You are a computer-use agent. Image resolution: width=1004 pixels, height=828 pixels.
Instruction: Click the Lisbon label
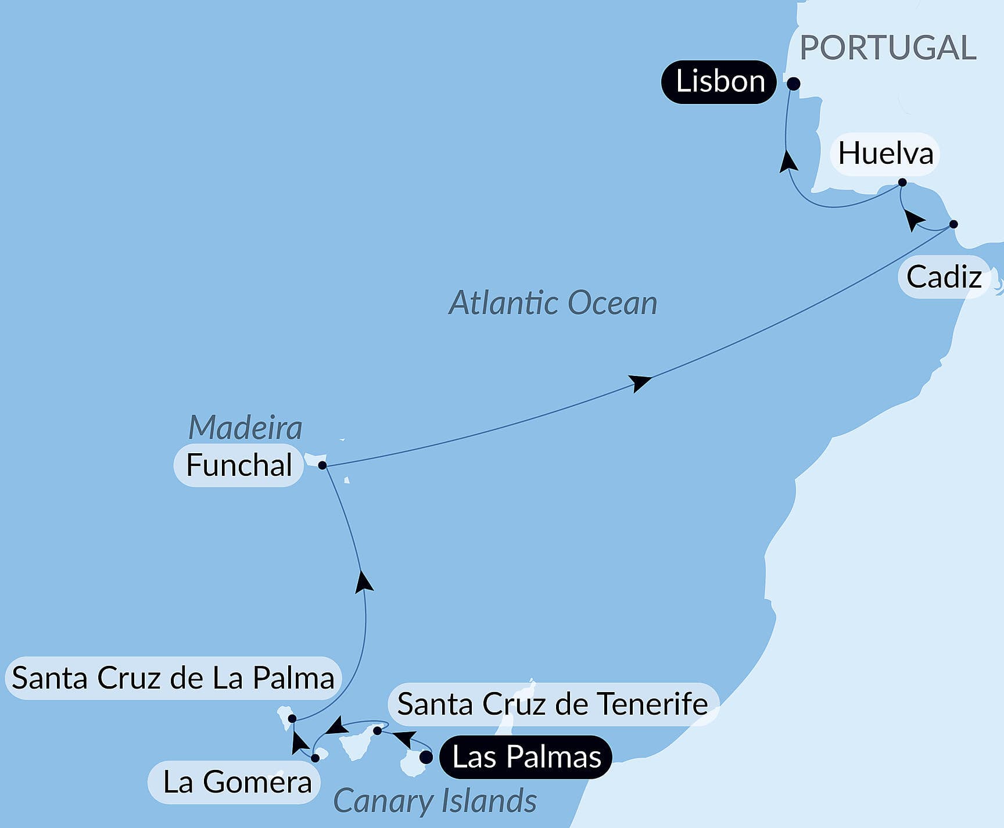point(719,82)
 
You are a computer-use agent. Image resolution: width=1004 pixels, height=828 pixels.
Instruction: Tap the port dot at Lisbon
point(794,84)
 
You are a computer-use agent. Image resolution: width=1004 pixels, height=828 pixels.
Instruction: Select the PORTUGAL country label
point(888,48)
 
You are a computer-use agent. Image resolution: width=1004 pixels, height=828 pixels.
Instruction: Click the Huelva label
point(885,154)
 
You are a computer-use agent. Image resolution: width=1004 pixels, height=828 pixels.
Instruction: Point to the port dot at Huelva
point(902,182)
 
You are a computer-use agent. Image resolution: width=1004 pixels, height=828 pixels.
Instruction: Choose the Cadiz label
point(944,277)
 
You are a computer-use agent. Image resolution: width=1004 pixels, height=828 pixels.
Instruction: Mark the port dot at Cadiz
point(953,224)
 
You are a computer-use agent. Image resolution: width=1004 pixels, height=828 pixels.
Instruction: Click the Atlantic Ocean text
point(553,303)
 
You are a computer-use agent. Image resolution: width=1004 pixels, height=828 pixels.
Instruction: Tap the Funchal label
point(239,465)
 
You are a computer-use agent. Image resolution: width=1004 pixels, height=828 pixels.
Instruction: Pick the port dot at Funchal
point(322,465)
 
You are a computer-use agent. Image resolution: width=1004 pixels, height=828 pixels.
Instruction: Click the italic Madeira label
point(245,428)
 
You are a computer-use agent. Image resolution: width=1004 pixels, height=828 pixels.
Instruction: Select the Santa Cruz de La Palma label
point(173,678)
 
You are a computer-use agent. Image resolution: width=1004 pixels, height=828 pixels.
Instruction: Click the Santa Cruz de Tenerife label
point(553,704)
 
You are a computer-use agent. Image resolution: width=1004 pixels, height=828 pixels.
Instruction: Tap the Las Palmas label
point(526,757)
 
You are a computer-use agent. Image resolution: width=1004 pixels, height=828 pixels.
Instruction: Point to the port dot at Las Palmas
point(426,758)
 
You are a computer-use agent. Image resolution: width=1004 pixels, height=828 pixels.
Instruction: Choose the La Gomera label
point(237,782)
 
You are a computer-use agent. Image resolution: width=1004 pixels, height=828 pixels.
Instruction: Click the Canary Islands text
point(435,801)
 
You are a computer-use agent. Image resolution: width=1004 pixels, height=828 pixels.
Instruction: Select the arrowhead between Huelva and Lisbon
point(788,161)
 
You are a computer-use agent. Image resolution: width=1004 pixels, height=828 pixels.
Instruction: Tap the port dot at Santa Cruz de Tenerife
point(378,730)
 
